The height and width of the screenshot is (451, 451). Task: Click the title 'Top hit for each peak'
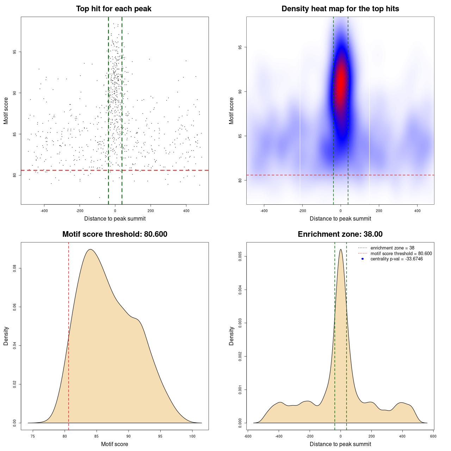(x=113, y=9)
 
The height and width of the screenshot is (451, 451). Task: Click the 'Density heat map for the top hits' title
(x=340, y=9)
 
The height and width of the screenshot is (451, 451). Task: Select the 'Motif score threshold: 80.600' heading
(x=115, y=234)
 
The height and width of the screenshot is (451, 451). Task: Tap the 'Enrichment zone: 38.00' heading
(x=340, y=234)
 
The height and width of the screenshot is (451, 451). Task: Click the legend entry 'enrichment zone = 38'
(x=392, y=248)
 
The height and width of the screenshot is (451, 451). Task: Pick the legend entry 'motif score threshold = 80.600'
(x=401, y=253)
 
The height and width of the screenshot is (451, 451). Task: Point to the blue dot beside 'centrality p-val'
(x=363, y=259)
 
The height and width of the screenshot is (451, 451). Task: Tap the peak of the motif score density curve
(x=91, y=249)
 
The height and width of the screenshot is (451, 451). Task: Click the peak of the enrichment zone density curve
(x=340, y=249)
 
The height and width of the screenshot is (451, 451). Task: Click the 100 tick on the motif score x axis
(x=192, y=436)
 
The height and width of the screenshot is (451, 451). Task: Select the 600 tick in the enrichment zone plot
(x=433, y=436)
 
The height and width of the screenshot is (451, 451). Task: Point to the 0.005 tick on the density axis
(x=240, y=257)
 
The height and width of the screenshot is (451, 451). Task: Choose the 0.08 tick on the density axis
(x=14, y=269)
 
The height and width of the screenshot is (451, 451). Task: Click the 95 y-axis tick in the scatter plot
(x=14, y=52)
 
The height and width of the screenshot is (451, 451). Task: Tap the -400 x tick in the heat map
(x=264, y=211)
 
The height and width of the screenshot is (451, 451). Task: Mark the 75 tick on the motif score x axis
(x=33, y=436)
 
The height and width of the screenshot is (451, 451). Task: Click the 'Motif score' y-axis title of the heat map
(x=231, y=111)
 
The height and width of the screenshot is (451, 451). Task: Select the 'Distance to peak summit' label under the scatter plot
(x=115, y=218)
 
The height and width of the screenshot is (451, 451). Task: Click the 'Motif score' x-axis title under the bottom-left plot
(x=115, y=444)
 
